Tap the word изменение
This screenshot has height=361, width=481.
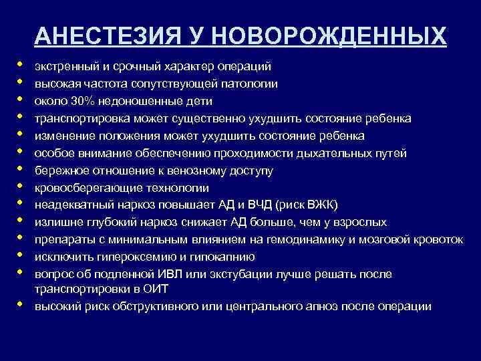[x=60, y=136]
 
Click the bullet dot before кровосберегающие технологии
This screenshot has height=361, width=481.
[x=21, y=187]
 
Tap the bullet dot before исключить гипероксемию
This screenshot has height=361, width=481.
[x=21, y=255]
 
